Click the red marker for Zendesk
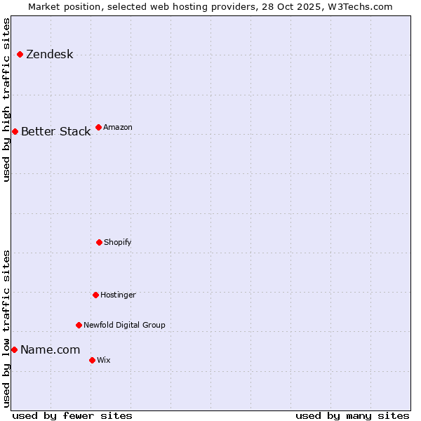tap(20, 55)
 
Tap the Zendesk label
tap(49, 55)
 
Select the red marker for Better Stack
tap(15, 131)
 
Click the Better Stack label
tap(55, 131)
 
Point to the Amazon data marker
tap(98, 127)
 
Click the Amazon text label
tap(118, 127)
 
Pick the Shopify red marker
tap(99, 242)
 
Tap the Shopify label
tap(118, 242)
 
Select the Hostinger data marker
tap(95, 295)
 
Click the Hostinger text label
tap(118, 295)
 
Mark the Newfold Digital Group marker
tap(79, 325)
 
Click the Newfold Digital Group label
tap(124, 325)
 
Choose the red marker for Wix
tap(92, 360)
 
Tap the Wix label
tap(104, 360)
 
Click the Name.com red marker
tap(14, 349)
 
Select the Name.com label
tap(50, 349)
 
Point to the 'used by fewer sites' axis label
tap(72, 415)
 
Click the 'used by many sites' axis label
tap(352, 415)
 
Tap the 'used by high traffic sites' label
tap(6, 100)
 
